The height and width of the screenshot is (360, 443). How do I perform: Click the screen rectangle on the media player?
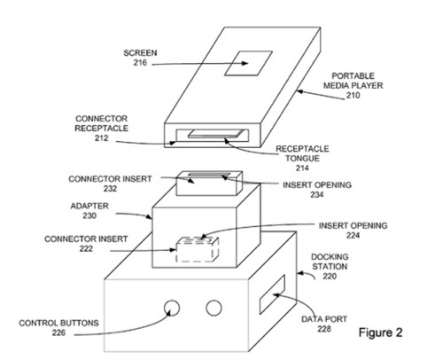tap(248, 63)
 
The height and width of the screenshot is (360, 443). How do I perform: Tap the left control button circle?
tap(172, 308)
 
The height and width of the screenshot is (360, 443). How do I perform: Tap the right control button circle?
tap(214, 308)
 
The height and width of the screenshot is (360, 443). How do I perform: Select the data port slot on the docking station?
tap(272, 294)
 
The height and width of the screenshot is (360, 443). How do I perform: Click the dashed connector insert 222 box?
tap(198, 250)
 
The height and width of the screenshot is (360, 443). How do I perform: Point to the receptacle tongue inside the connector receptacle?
tap(216, 134)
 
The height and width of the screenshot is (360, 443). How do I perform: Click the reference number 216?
tap(140, 63)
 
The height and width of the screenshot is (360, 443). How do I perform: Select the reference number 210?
tap(353, 95)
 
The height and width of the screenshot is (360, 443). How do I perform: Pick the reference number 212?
tap(101, 138)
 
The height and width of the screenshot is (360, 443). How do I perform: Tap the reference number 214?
tap(302, 168)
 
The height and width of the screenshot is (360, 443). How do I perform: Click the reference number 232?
tap(110, 189)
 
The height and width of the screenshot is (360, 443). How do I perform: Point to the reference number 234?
tap(316, 195)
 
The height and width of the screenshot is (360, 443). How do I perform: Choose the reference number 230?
tap(89, 215)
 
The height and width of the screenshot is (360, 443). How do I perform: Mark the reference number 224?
tap(353, 236)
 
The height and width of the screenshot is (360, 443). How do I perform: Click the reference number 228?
tap(324, 329)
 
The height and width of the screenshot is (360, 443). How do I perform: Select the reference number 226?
tap(58, 333)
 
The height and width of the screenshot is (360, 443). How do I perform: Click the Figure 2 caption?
tap(380, 333)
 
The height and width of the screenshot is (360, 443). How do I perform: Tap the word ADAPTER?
tap(89, 206)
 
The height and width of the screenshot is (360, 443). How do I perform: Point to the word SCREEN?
tap(140, 53)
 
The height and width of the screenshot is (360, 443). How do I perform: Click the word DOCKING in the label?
tap(330, 257)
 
